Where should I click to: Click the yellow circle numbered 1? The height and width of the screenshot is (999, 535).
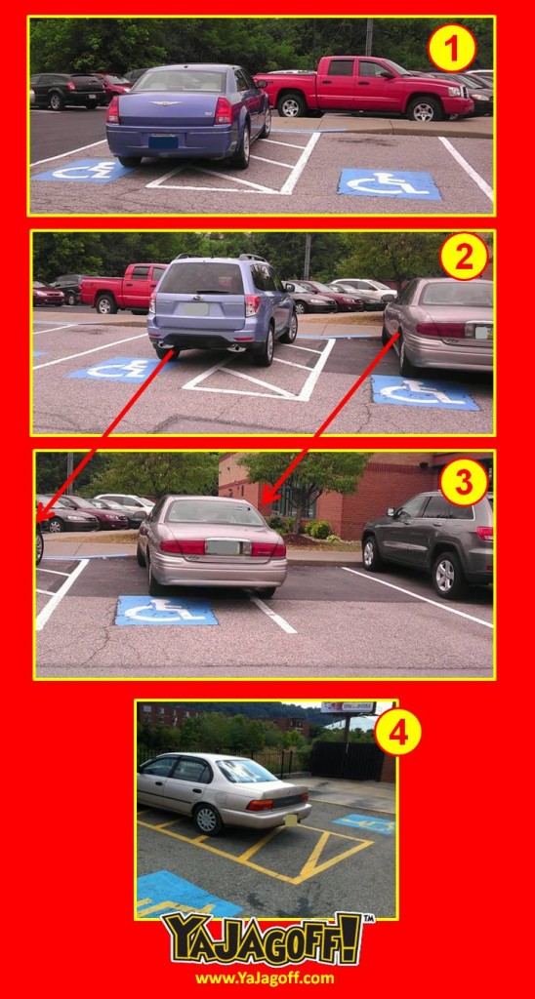pyautogui.click(x=451, y=48)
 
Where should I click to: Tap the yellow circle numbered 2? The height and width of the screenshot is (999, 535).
pyautogui.click(x=464, y=257)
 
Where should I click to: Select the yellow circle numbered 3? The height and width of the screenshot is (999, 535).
pyautogui.click(x=464, y=482)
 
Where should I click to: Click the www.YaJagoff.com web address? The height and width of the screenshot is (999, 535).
pyautogui.click(x=265, y=978)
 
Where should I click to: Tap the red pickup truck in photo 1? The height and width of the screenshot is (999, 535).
pyautogui.click(x=363, y=87)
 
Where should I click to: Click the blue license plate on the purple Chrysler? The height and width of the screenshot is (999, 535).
pyautogui.click(x=163, y=141)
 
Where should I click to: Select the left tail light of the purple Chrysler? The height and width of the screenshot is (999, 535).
pyautogui.click(x=113, y=110)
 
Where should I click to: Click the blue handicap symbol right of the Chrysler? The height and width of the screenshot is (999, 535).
pyautogui.click(x=389, y=183)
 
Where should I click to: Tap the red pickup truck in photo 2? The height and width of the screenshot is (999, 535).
pyautogui.click(x=123, y=289)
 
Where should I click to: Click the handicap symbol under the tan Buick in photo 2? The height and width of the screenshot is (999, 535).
pyautogui.click(x=424, y=392)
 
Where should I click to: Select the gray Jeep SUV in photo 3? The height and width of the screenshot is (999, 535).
pyautogui.click(x=428, y=541)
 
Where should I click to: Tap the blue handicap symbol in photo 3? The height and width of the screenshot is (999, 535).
pyautogui.click(x=166, y=611)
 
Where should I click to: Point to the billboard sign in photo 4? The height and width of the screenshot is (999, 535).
pyautogui.click(x=349, y=707)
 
